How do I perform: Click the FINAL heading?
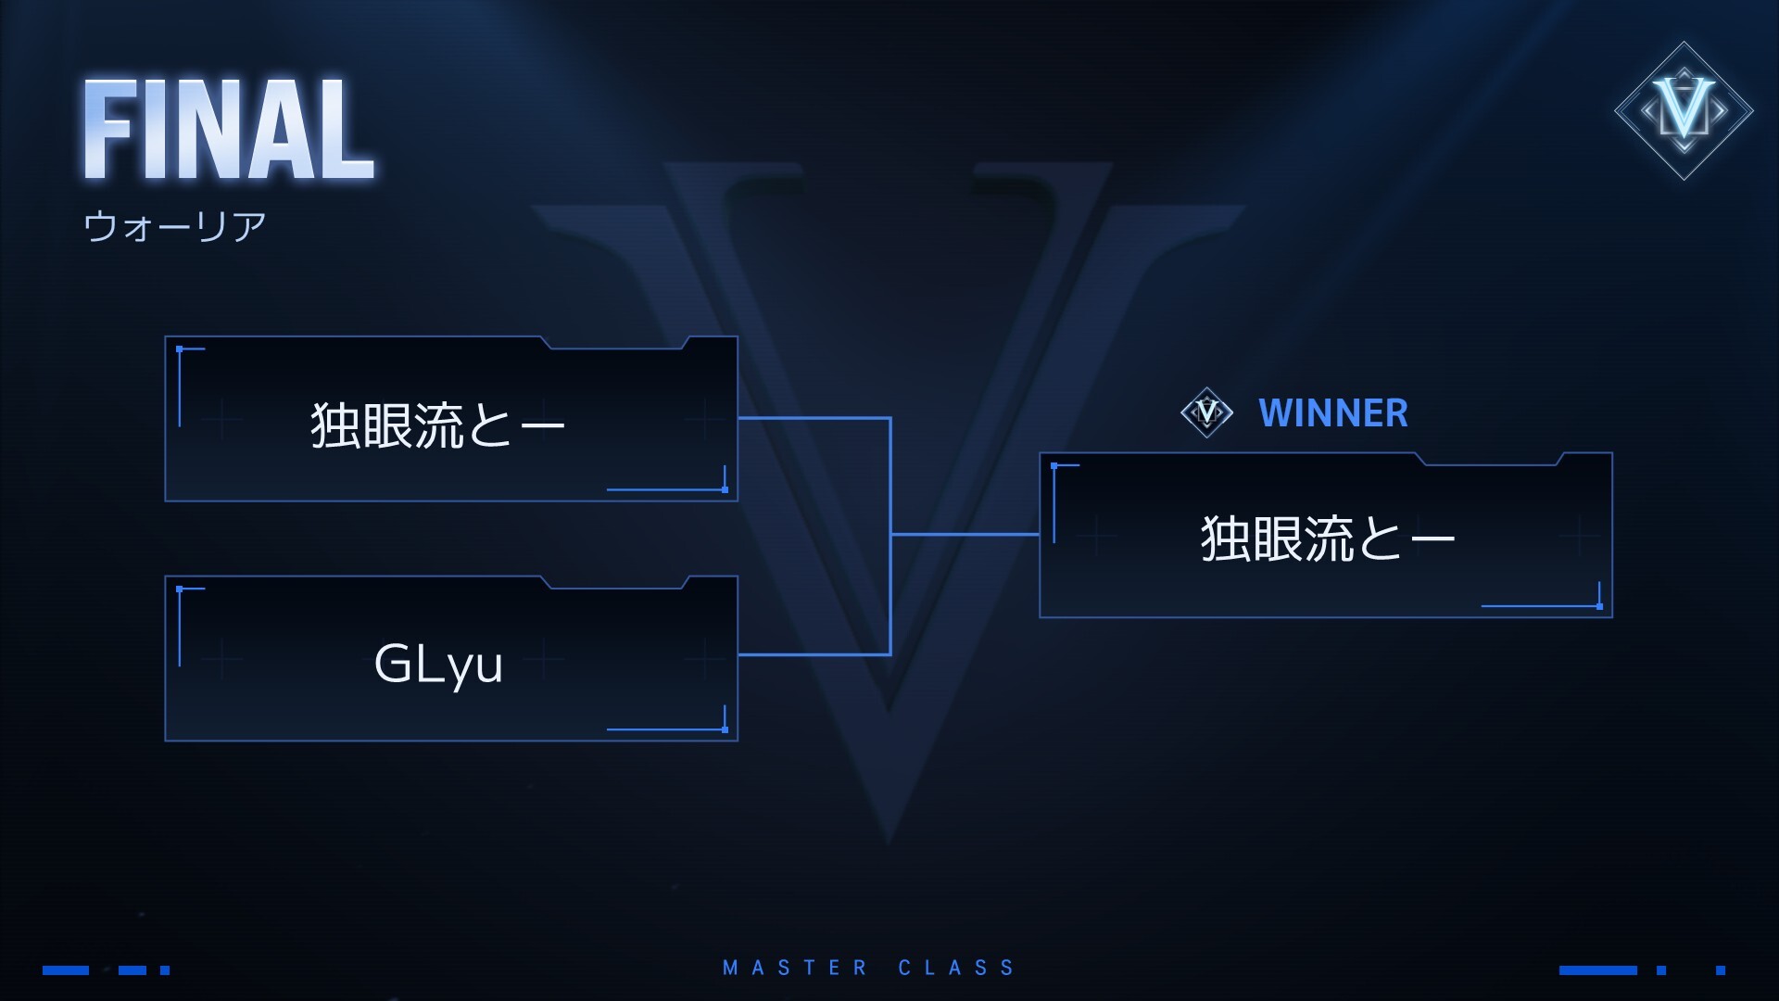tap(229, 129)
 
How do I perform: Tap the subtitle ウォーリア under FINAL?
tap(175, 226)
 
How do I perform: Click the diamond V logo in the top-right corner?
tap(1684, 110)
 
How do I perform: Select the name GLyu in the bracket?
tap(438, 664)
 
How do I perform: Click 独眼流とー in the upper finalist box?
tap(437, 425)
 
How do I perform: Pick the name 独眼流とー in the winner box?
tap(1328, 539)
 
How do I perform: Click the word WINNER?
tap(1332, 413)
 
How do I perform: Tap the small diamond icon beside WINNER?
tap(1206, 412)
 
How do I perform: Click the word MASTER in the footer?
tap(795, 968)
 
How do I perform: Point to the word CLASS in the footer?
tap(956, 968)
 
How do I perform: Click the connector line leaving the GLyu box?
tap(814, 654)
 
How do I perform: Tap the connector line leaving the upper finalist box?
tap(814, 418)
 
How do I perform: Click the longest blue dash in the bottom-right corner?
tap(1597, 970)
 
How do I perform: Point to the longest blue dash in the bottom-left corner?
tap(66, 970)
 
